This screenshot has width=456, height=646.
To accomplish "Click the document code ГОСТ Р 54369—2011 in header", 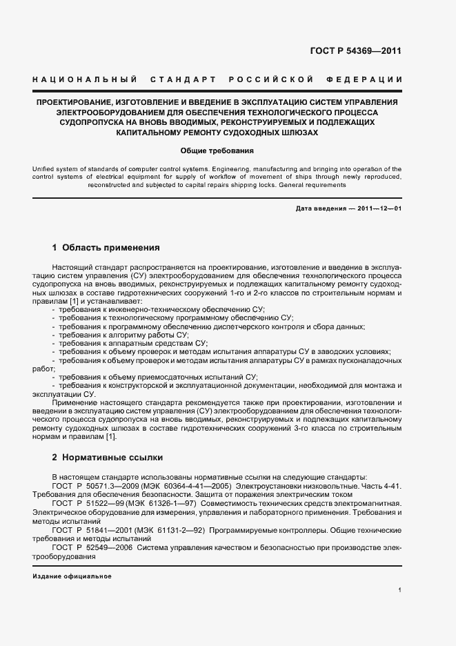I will pyautogui.click(x=366, y=51).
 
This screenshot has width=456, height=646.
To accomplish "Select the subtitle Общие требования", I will pyautogui.click(x=217, y=150).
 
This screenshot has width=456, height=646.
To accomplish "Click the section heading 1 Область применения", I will pyautogui.click(x=106, y=247).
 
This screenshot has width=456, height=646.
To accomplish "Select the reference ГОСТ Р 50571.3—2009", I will pyautogui.click(x=91, y=486).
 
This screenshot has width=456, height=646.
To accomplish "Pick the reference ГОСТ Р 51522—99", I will pyautogui.click(x=86, y=504).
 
